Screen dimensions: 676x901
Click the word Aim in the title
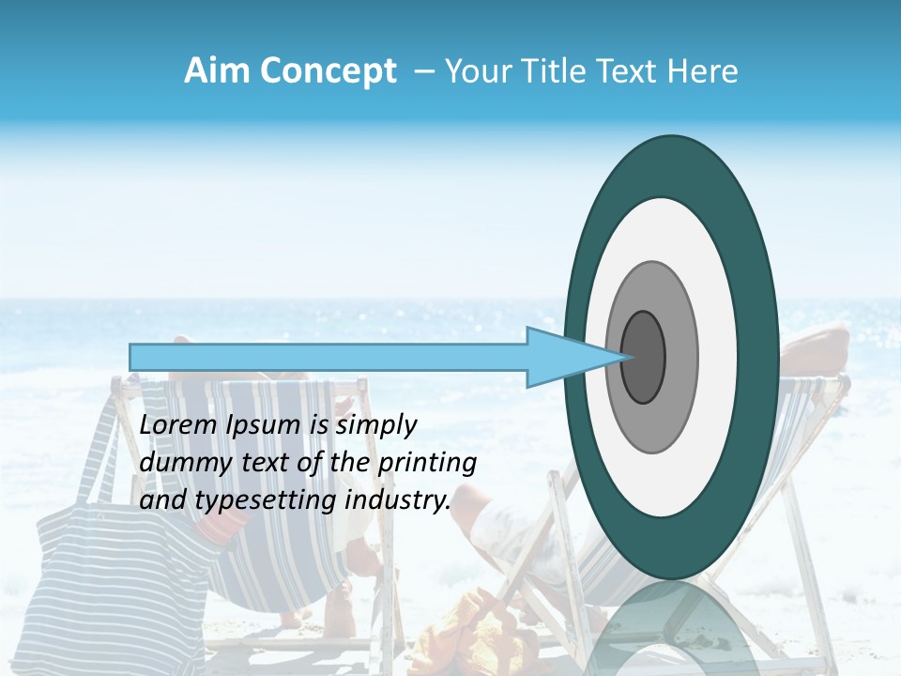pyautogui.click(x=218, y=71)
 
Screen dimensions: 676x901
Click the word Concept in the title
pyautogui.click(x=328, y=71)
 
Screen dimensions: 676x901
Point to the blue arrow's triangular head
pyautogui.click(x=563, y=357)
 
